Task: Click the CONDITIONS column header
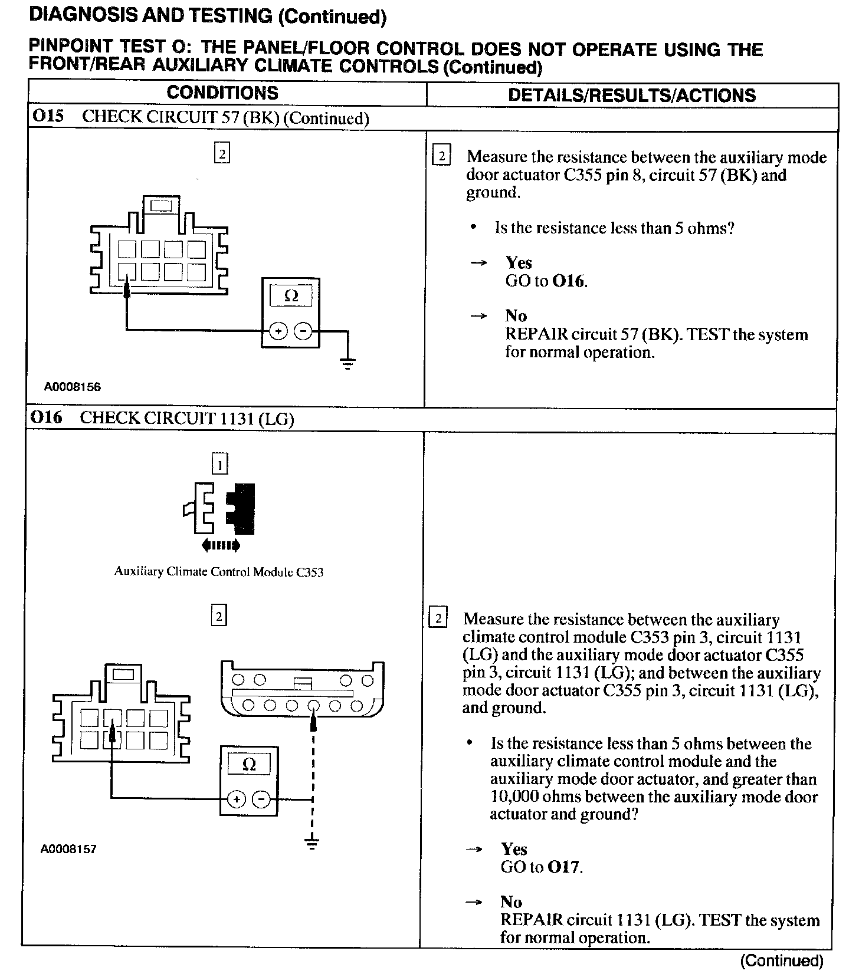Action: click(222, 93)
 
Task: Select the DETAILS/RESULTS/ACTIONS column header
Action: click(631, 96)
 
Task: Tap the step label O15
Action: click(47, 116)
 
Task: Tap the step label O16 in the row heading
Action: click(47, 417)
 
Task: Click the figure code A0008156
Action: click(73, 387)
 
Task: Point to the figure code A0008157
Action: click(68, 849)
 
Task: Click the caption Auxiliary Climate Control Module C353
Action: click(219, 571)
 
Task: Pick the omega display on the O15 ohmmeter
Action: click(291, 296)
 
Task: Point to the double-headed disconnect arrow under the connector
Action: click(221, 545)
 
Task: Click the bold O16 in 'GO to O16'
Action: click(569, 281)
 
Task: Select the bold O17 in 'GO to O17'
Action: click(565, 867)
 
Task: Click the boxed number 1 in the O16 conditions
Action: click(219, 465)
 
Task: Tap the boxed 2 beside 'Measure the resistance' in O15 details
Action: click(441, 157)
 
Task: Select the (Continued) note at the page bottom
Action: click(781, 961)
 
